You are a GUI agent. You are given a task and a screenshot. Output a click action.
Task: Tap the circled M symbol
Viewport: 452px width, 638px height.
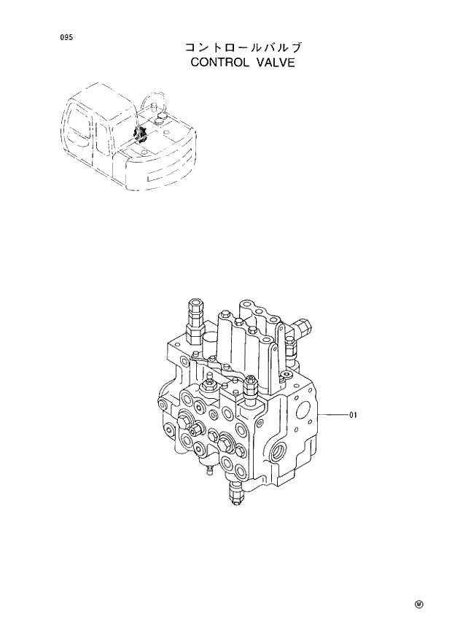tap(419, 604)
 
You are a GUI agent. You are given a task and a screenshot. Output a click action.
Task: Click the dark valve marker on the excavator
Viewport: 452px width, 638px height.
tap(141, 135)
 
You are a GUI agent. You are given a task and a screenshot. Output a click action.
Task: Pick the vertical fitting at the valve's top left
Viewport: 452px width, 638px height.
tap(195, 319)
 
